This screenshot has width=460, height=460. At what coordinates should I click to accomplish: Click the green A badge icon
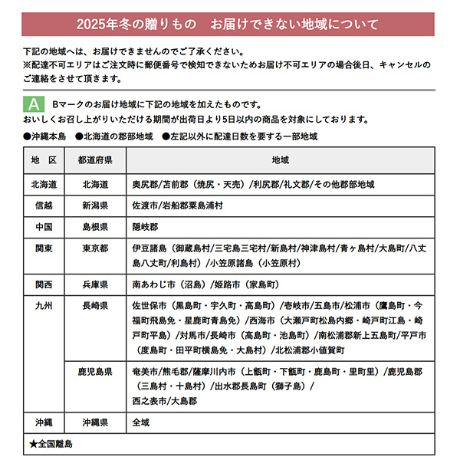pos(34,103)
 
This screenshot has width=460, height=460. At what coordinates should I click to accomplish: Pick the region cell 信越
pos(44,206)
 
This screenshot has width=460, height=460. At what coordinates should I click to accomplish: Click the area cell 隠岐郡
pos(145,228)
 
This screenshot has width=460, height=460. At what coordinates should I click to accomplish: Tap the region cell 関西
pos(44,284)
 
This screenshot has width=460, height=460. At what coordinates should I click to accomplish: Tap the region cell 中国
pos(44,228)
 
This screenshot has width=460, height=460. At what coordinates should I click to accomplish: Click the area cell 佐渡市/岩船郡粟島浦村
pos(177,206)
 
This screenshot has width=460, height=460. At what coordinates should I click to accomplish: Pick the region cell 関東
pos(44,249)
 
